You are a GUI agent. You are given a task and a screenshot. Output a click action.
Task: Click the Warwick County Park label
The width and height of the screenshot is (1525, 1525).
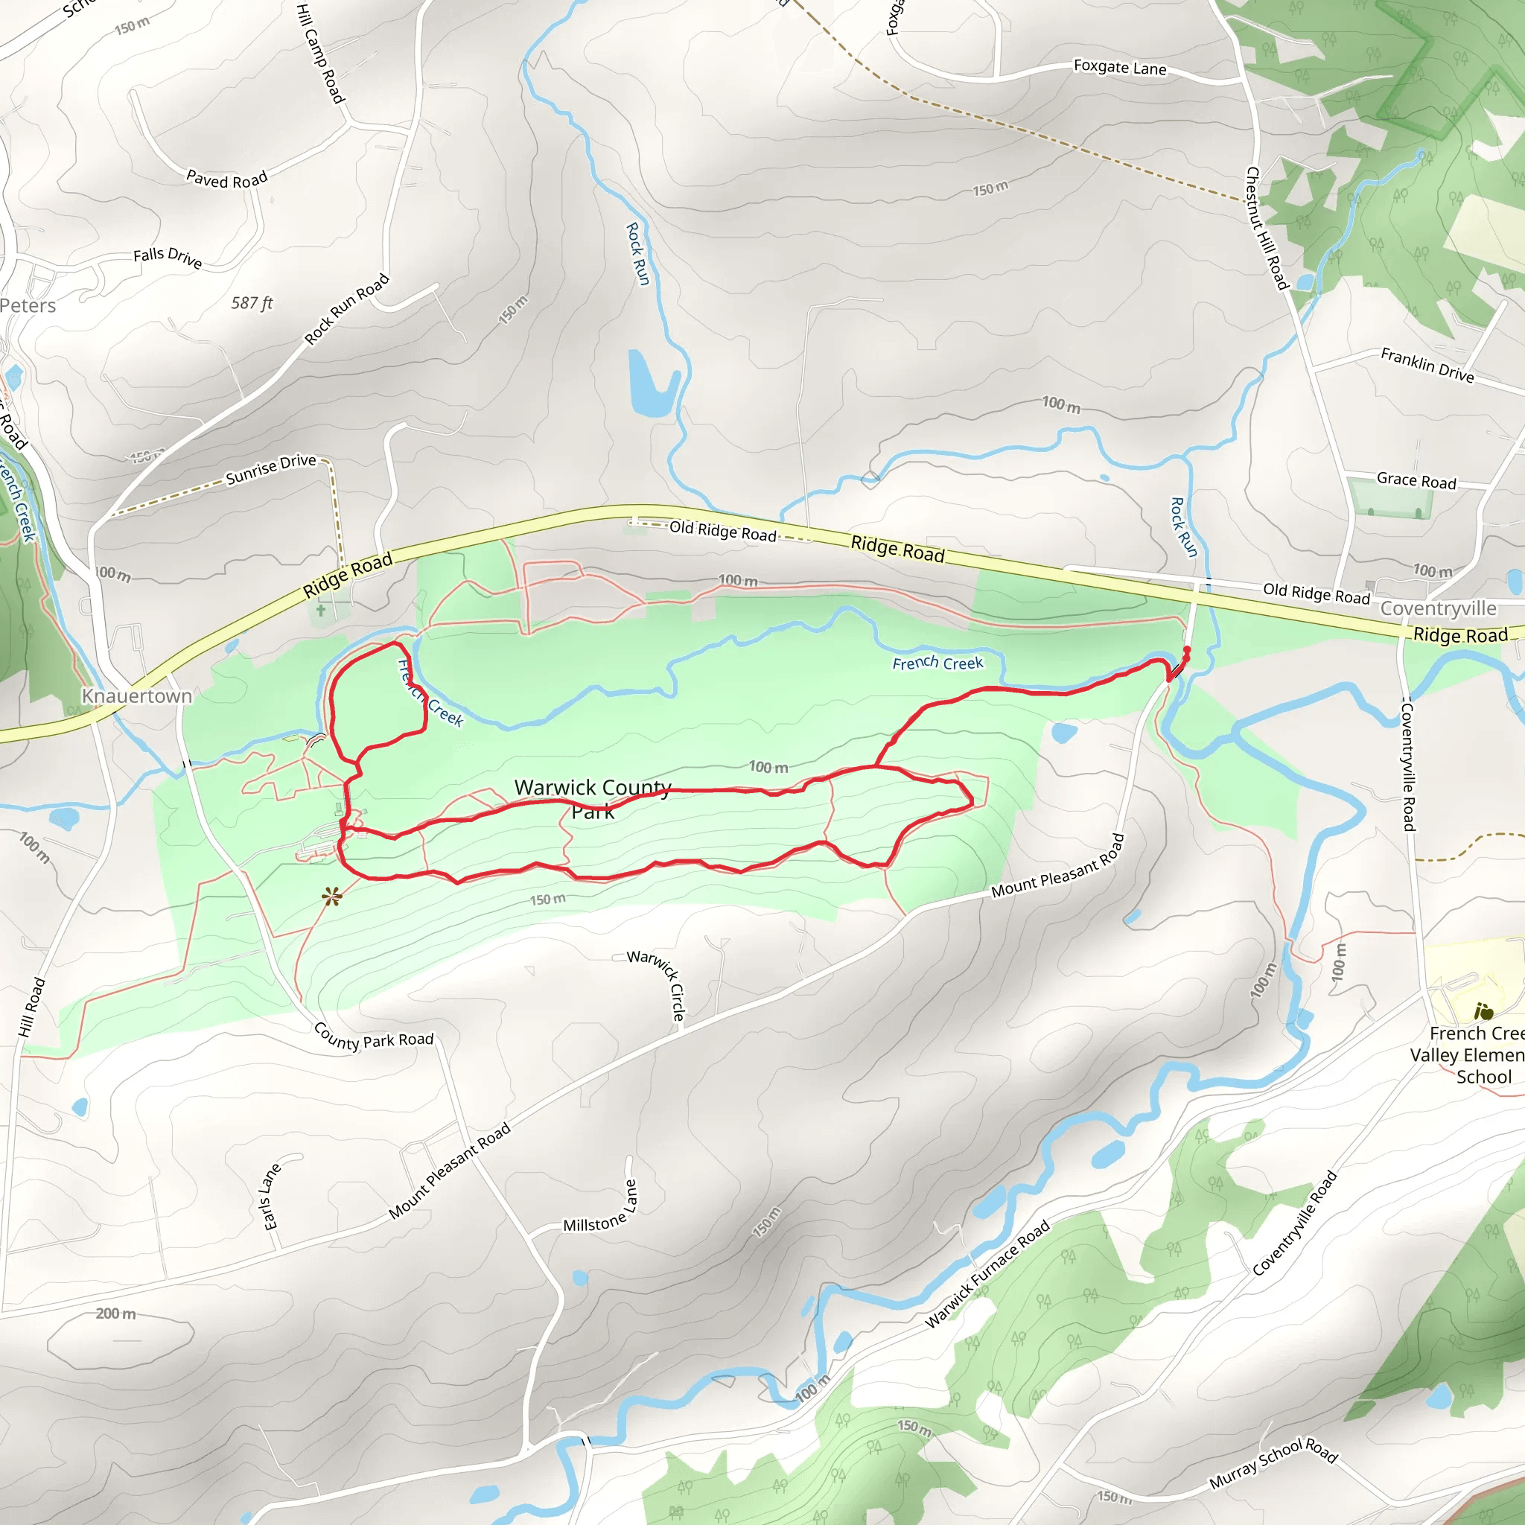tap(593, 799)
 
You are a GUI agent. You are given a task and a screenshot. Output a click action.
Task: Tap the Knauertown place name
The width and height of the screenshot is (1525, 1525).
tap(137, 696)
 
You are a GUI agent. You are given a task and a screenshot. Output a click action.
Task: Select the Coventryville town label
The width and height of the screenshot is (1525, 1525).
tap(1438, 608)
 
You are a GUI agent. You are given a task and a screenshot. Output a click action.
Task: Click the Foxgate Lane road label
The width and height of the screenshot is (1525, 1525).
tap(1119, 68)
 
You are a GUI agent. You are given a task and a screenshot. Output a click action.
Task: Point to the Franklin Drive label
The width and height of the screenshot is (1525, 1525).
tap(1427, 366)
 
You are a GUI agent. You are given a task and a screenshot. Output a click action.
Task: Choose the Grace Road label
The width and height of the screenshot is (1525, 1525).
tap(1416, 481)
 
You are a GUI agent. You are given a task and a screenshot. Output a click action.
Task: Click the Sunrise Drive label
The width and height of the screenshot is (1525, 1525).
tap(271, 470)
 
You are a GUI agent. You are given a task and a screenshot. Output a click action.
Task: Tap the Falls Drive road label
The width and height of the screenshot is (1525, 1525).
tap(168, 258)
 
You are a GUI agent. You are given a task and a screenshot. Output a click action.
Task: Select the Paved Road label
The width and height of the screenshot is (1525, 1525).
tap(226, 180)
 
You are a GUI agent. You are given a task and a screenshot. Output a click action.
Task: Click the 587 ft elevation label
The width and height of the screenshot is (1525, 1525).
tap(252, 303)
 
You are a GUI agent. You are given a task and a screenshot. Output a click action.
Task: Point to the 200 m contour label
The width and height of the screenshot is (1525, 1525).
tap(116, 1314)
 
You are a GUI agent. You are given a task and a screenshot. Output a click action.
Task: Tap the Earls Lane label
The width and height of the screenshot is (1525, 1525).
tap(271, 1197)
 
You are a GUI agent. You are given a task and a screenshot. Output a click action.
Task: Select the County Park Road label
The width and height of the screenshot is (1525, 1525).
tap(373, 1037)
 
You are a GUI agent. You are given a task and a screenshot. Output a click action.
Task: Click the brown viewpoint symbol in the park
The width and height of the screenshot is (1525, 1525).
tap(331, 896)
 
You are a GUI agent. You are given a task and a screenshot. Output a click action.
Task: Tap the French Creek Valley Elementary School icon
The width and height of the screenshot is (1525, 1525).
tap(1483, 1011)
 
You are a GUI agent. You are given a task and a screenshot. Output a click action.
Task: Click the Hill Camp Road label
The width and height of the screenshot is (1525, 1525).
tap(320, 54)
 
